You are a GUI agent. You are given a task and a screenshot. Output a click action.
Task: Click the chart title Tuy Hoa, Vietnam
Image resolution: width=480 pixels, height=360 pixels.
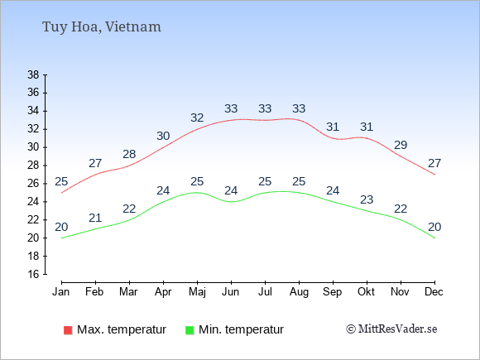pyautogui.click(x=101, y=27)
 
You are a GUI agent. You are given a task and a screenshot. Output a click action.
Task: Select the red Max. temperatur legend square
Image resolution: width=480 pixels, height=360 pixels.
pyautogui.click(x=68, y=330)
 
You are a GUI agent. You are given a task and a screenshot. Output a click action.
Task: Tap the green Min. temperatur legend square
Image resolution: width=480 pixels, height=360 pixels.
pyautogui.click(x=190, y=330)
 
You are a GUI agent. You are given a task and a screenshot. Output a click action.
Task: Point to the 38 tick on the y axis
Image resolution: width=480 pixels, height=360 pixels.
pyautogui.click(x=33, y=74)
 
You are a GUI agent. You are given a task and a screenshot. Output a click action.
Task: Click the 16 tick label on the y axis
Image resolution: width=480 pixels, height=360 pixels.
pyautogui.click(x=33, y=274)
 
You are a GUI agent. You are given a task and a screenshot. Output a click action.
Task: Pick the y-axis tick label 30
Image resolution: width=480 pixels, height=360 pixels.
pyautogui.click(x=33, y=147)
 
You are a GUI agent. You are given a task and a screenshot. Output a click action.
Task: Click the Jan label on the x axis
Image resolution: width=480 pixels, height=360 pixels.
pyautogui.click(x=61, y=292)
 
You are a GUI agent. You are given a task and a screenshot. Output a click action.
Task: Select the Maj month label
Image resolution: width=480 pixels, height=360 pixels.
pyautogui.click(x=197, y=292)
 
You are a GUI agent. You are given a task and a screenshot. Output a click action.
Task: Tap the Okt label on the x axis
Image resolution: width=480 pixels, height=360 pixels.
pyautogui.click(x=366, y=292)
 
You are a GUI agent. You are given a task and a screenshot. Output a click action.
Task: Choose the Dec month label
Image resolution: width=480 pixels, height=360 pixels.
pyautogui.click(x=434, y=292)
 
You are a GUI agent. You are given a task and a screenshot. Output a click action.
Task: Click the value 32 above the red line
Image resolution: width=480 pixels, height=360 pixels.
pyautogui.click(x=197, y=118)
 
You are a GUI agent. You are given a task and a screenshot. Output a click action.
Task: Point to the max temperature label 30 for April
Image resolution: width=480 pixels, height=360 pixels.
pyautogui.click(x=163, y=136)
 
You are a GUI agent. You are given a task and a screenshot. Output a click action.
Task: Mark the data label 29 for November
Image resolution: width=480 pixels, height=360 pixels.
pyautogui.click(x=401, y=145)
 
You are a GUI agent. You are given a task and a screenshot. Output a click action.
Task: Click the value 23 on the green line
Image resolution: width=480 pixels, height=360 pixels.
pyautogui.click(x=367, y=199)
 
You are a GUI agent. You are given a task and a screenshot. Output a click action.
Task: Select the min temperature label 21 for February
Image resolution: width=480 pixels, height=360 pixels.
pyautogui.click(x=95, y=218)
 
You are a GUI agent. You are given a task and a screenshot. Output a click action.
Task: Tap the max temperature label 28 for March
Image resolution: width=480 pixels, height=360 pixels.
pyautogui.click(x=129, y=154)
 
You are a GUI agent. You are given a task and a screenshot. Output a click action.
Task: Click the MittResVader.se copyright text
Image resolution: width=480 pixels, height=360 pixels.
pyautogui.click(x=391, y=329)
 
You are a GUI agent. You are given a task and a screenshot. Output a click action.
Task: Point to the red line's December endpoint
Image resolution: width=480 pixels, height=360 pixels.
pyautogui.click(x=434, y=175)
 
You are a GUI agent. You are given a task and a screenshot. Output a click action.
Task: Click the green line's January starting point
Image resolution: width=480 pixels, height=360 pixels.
pyautogui.click(x=61, y=238)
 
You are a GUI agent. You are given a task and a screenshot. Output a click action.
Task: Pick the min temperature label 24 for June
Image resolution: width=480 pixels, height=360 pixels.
pyautogui.click(x=231, y=190)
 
